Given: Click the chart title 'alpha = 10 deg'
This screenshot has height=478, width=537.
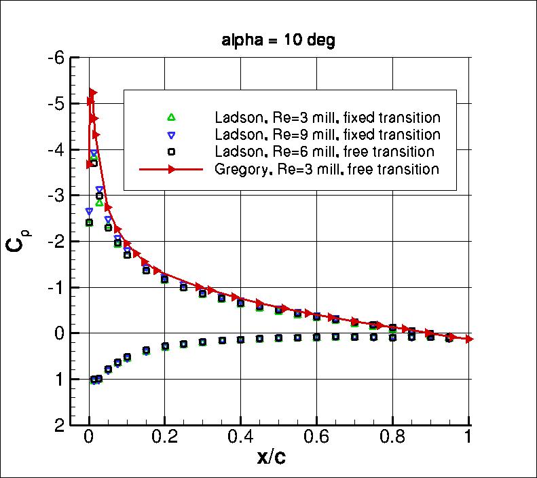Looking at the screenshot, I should point(278,40).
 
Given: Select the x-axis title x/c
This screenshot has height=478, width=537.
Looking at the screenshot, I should point(272,458).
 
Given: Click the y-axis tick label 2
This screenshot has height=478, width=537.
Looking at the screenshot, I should point(60,426).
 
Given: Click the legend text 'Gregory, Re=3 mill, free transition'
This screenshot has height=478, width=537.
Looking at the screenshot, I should point(326,169).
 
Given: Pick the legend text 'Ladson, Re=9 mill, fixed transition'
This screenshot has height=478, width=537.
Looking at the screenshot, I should point(326,134).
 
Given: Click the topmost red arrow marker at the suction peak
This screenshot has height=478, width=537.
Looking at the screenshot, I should point(94,92).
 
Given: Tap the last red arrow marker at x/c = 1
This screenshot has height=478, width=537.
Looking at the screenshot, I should point(469,339).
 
